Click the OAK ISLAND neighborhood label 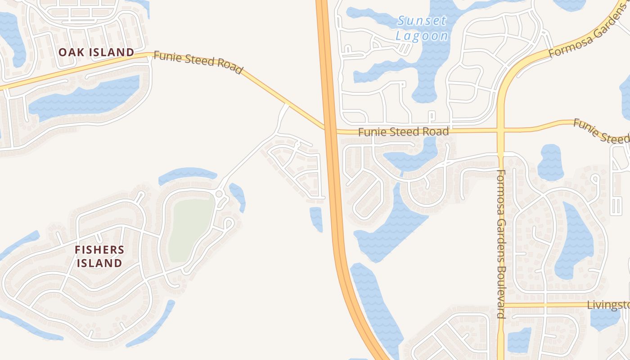click(x=96, y=52)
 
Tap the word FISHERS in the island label click(x=99, y=250)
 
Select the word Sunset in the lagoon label click(x=422, y=21)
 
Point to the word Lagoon click(x=422, y=36)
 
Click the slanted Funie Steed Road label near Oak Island click(x=198, y=62)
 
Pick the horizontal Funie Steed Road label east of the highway click(x=403, y=132)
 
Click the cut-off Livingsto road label click(x=608, y=305)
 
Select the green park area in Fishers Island click(x=191, y=229)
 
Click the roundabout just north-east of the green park click(x=220, y=194)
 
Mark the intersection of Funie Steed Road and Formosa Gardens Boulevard click(x=501, y=130)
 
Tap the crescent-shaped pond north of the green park click(x=188, y=174)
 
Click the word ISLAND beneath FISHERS click(x=99, y=263)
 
